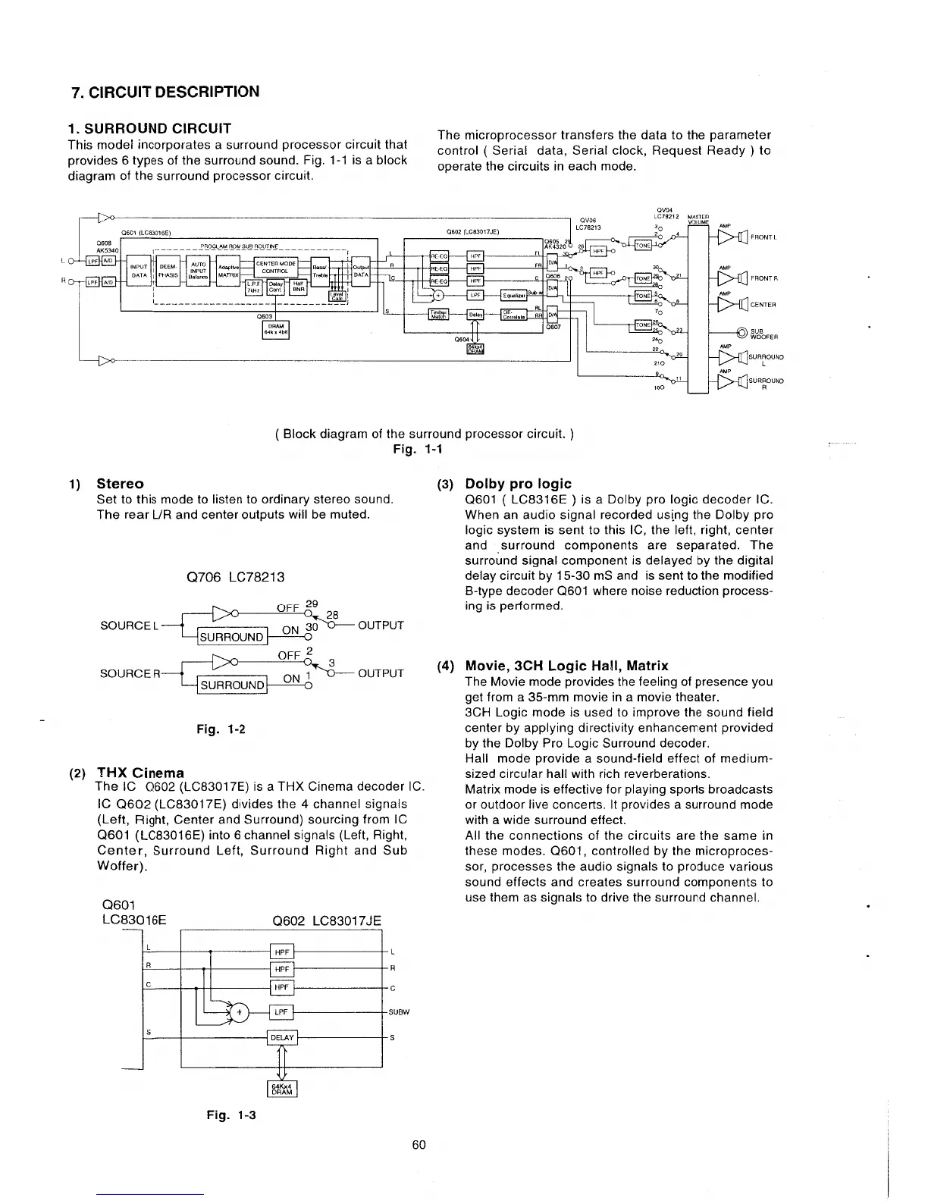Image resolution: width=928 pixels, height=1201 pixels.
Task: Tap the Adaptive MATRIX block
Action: pyautogui.click(x=228, y=271)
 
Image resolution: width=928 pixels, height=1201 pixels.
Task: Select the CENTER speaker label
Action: pyautogui.click(x=763, y=305)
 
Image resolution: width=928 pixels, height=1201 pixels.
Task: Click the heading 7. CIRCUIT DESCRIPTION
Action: pyautogui.click(x=165, y=92)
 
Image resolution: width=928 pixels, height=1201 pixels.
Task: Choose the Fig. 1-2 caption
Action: pyautogui.click(x=221, y=729)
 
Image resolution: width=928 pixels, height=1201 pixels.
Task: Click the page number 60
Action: pyautogui.click(x=419, y=1145)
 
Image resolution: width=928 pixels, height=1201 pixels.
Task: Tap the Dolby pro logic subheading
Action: pyautogui.click(x=518, y=484)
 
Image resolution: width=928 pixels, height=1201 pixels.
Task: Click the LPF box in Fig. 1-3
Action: pyautogui.click(x=281, y=1011)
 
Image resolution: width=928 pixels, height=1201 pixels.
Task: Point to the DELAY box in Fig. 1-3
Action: pyautogui.click(x=282, y=1038)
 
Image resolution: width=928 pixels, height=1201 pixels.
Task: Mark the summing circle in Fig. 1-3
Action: pyautogui.click(x=240, y=1012)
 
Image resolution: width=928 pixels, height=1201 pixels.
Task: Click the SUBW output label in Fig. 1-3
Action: pyautogui.click(x=399, y=1012)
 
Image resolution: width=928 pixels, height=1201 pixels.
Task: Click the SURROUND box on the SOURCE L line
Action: pyautogui.click(x=230, y=636)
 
